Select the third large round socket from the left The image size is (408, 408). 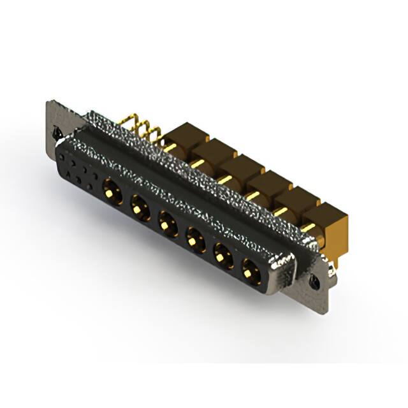pos(167,222)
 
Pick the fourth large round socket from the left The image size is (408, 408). pos(194,240)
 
